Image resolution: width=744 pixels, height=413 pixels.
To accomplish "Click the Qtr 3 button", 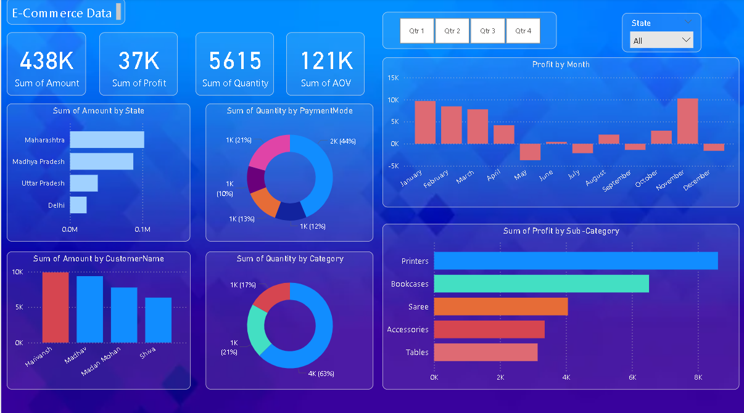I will point(487,31).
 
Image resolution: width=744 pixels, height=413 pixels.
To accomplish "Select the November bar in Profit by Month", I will point(687,121).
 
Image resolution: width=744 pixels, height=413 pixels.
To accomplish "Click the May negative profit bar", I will point(530,152).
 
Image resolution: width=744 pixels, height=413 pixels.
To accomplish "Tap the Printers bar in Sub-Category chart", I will point(576,261).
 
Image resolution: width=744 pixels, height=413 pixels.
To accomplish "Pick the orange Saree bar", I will point(500,306).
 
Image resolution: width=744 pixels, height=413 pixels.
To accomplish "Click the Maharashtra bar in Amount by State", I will point(107,140).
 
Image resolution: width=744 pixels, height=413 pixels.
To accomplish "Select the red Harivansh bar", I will point(56,307).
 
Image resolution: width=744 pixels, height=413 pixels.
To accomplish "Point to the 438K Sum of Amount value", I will point(47,61).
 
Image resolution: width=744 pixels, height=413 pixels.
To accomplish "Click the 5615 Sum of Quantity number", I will point(235,61).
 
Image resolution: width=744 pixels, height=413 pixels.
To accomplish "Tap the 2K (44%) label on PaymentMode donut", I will point(342,141).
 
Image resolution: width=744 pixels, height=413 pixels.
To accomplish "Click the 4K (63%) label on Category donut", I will point(321,374).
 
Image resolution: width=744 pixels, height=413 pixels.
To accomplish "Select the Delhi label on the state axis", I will point(56,205).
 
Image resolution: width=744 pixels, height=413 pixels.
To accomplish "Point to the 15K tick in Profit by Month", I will point(393,78).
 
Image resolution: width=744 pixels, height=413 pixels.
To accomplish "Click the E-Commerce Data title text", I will point(62,13).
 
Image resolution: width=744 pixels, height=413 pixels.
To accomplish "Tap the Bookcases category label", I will point(409,284).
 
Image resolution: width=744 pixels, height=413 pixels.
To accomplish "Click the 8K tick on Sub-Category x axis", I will point(698,377).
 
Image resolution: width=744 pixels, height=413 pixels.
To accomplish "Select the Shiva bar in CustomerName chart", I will point(159,320).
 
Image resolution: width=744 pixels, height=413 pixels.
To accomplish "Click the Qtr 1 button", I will point(417,31).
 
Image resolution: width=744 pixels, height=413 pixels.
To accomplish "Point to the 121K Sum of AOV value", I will point(326,61).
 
